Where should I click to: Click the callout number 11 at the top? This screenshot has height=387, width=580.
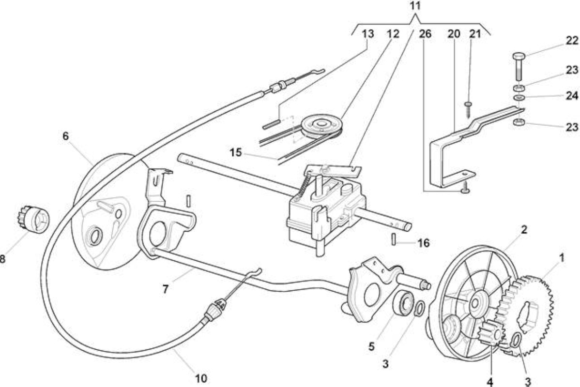click(x=415, y=6)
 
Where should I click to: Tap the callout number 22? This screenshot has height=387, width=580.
click(x=572, y=41)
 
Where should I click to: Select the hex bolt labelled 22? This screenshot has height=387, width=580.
click(x=519, y=67)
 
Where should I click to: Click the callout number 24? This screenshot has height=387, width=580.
click(x=572, y=96)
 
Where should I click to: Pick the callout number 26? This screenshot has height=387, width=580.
click(x=425, y=34)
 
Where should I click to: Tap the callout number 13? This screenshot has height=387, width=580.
click(x=367, y=34)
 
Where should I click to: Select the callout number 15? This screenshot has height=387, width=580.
click(x=236, y=152)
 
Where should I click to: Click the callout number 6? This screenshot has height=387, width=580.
click(x=65, y=136)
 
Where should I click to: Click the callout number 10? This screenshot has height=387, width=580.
click(x=201, y=378)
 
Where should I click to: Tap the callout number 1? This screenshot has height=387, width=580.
click(x=562, y=258)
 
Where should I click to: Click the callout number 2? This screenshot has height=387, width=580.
click(x=524, y=229)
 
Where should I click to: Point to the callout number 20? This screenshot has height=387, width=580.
click(x=454, y=34)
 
